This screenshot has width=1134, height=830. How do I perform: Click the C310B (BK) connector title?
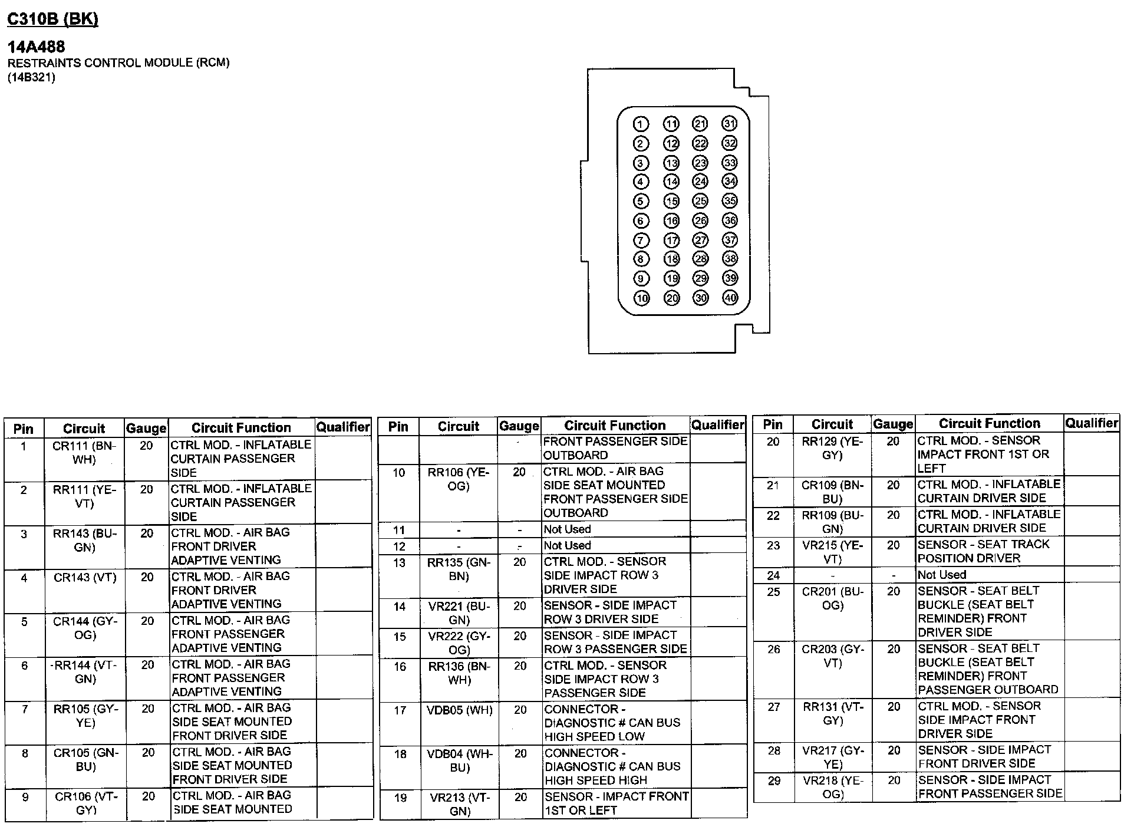click(x=52, y=19)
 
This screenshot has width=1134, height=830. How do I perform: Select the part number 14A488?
click(x=36, y=47)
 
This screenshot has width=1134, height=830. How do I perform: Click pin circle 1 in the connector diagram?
click(x=641, y=124)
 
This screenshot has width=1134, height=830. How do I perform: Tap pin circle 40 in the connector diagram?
click(x=730, y=298)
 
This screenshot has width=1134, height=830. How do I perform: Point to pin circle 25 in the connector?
click(x=700, y=201)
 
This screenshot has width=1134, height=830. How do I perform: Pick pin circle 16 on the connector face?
click(x=671, y=220)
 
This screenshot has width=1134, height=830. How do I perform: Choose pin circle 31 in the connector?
click(x=730, y=123)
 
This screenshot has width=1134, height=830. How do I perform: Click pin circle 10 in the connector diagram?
click(x=641, y=298)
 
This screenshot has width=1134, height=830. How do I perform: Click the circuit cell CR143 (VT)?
click(x=85, y=578)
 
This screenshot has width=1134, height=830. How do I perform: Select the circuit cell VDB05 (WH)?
click(x=459, y=710)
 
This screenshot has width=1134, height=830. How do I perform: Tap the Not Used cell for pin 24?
click(x=941, y=575)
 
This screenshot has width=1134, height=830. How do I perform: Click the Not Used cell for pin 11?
click(x=567, y=529)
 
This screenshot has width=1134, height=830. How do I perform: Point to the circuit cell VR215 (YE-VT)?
click(x=832, y=551)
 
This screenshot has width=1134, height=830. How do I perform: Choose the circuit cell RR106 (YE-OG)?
click(x=459, y=479)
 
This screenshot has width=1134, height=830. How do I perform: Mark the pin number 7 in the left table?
click(x=25, y=709)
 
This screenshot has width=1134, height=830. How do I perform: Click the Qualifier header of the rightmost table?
click(x=1091, y=423)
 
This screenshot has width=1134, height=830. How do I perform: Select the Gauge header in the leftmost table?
click(x=146, y=428)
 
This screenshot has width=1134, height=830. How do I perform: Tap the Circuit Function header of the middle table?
click(x=615, y=426)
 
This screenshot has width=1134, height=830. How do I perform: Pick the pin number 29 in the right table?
click(x=774, y=781)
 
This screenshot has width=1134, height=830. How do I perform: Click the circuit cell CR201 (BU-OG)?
click(x=832, y=598)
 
